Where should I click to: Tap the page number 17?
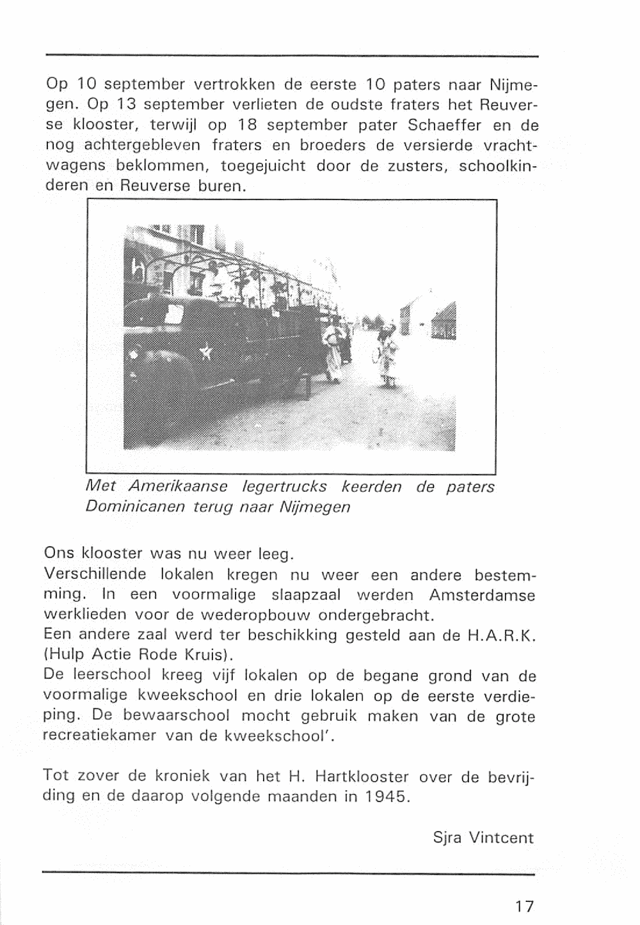[524, 906]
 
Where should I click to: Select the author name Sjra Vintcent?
[483, 837]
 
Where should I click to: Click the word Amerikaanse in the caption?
[178, 487]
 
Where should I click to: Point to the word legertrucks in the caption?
[285, 487]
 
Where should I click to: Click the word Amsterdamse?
[481, 595]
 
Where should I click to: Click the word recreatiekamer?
[99, 736]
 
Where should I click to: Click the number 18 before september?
[247, 125]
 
